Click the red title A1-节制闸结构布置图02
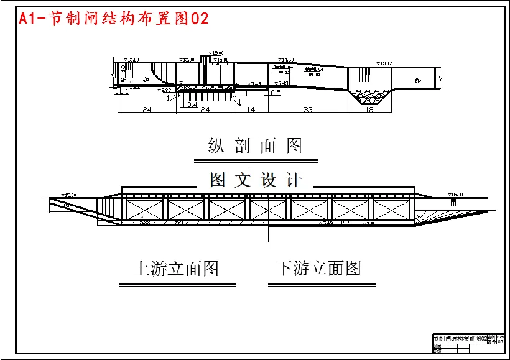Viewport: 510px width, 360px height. click(114, 19)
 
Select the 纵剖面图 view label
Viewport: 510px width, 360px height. click(255, 145)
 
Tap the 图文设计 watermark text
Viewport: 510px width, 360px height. click(256, 180)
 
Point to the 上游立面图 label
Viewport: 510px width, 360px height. click(176, 269)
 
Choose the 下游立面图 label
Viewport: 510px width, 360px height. click(319, 269)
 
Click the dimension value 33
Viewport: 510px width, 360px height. click(307, 109)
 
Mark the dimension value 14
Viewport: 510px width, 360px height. click(251, 109)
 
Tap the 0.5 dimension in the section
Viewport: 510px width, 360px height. click(276, 93)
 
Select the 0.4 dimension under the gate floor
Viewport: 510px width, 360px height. click(192, 104)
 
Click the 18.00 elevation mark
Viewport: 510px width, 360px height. click(217, 53)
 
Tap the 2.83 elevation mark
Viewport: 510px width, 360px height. click(166, 91)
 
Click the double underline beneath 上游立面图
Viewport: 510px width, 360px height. click(177, 284)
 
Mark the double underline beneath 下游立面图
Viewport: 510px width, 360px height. click(322, 284)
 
